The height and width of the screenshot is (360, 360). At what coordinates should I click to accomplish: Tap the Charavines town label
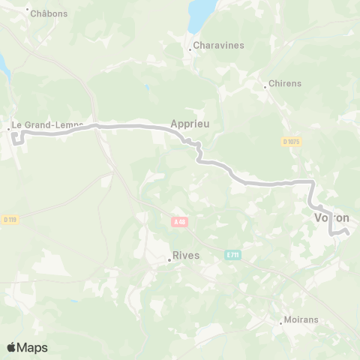(219, 45)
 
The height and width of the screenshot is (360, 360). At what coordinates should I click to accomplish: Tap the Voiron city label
(331, 217)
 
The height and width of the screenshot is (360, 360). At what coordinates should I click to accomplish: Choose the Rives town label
(186, 255)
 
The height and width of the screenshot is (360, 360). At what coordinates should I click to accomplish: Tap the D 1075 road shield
(291, 141)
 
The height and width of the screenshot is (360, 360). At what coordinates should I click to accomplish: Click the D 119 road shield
(9, 219)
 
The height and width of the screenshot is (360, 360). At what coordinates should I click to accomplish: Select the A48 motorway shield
(178, 221)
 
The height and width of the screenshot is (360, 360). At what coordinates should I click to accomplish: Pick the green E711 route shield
(232, 255)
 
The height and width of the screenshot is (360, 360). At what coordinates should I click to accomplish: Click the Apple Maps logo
(27, 347)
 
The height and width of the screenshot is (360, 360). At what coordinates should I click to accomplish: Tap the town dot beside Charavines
(190, 50)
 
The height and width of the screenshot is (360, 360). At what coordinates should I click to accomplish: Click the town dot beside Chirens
(265, 86)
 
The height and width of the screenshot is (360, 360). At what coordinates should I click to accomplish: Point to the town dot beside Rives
(169, 261)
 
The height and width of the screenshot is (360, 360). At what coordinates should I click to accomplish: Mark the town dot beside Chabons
(28, 9)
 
